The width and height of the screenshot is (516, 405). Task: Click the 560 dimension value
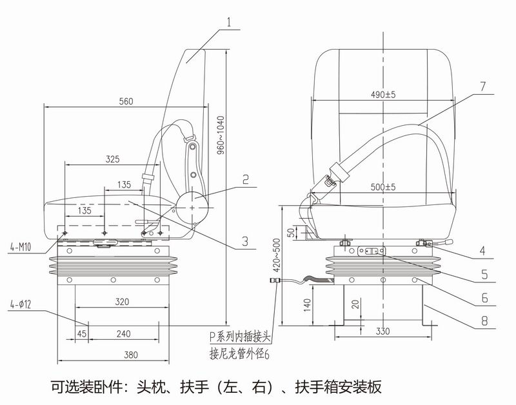pos(126,101)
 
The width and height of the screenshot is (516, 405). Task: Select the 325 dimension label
pos(112,159)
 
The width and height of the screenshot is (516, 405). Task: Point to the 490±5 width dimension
pos(382,95)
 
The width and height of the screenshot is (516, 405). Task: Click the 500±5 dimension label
pos(382,187)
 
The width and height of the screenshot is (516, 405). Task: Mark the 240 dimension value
pos(124,334)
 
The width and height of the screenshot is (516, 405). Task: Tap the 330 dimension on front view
pos(382,332)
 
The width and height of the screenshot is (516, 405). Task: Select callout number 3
pos(244,242)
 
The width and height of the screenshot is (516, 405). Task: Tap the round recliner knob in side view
pos(193,208)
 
